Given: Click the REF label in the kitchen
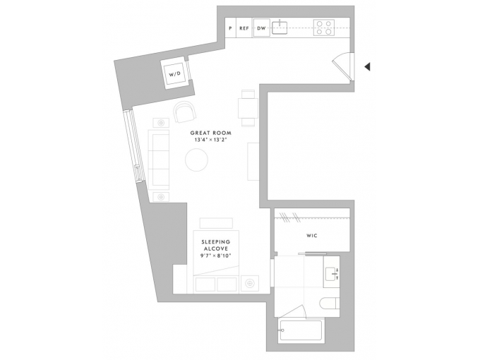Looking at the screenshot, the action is click(x=244, y=28).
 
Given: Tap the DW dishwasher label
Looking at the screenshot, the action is click(x=261, y=28).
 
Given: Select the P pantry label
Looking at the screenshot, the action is click(x=231, y=28).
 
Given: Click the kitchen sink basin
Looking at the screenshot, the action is click(x=280, y=28).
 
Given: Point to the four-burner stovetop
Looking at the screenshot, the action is click(x=324, y=28).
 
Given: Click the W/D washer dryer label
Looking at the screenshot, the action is click(x=175, y=74).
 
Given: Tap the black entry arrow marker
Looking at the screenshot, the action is click(x=367, y=66).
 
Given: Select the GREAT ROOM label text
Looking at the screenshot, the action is click(x=211, y=133).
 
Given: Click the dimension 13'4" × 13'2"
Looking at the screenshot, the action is click(x=211, y=140).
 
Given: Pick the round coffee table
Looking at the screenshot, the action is click(x=196, y=160).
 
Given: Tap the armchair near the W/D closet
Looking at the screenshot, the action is click(x=184, y=112).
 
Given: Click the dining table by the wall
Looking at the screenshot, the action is click(x=248, y=108).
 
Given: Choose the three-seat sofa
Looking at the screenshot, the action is click(x=159, y=160).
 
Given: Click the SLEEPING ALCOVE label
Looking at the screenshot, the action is click(x=215, y=246).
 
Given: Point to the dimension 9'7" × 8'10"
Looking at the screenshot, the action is click(x=215, y=256).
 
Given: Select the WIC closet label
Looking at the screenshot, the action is click(x=311, y=235).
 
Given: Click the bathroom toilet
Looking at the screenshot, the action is click(x=330, y=304).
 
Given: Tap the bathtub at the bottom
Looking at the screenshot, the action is click(x=300, y=330).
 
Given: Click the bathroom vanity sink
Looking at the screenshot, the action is click(x=331, y=274).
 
